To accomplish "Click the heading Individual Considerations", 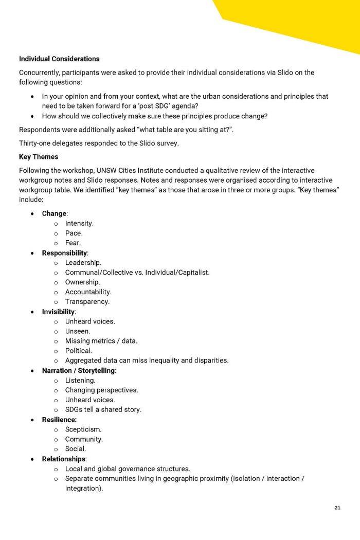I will tap(59, 59).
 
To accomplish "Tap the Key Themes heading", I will tap(39, 156).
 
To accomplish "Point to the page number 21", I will tap(337, 508).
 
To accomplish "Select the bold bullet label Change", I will tap(54, 213).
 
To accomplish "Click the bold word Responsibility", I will tap(65, 253).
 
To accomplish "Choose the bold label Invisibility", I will tap(59, 312).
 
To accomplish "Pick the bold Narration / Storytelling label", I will tap(79, 370).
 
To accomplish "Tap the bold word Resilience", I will tap(59, 420).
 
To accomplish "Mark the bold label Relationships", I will tap(64, 459).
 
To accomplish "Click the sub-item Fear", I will tap(73, 243).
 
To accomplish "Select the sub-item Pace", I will tap(74, 233).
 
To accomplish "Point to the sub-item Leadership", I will tap(83, 263).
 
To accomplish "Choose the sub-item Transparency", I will tap(87, 302).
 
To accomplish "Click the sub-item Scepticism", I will tap(83, 429).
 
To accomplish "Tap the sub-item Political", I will tap(78, 351).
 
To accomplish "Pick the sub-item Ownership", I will tap(82, 282).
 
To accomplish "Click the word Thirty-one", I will tap(35, 143).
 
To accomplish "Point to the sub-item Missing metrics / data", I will tap(101, 341).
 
